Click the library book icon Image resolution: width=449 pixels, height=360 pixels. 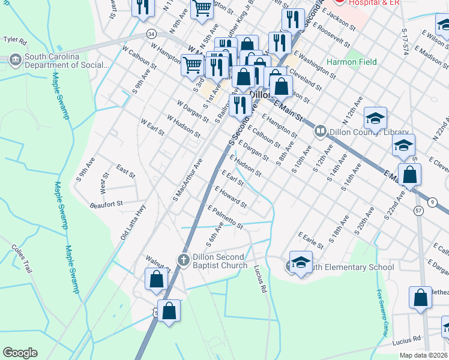(320, 130)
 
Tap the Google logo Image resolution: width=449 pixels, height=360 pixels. (20, 353)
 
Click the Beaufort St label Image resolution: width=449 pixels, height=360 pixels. (106, 204)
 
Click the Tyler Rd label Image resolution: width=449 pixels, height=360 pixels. (15, 40)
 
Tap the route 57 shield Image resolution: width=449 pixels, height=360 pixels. (418, 211)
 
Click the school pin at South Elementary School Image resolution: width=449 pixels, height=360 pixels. (301, 262)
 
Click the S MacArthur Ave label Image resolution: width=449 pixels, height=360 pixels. (188, 179)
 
